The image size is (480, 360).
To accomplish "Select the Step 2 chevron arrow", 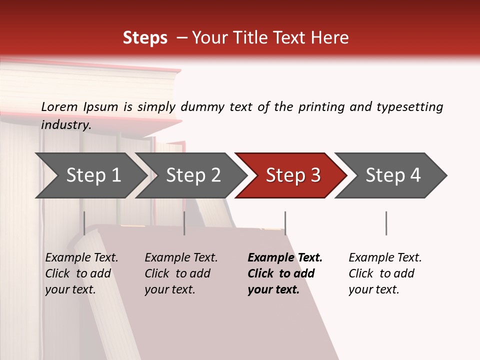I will [x=193, y=175].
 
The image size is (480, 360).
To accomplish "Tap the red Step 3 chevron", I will [x=292, y=175].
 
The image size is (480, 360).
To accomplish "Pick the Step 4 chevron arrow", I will [x=392, y=175].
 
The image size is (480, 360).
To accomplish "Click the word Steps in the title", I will [x=145, y=38].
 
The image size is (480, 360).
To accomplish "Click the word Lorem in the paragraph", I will [x=59, y=106].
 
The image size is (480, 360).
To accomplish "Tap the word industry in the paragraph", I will [x=66, y=124].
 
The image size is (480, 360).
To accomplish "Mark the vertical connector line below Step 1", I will [x=84, y=223].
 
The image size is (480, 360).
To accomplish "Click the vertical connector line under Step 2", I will [x=184, y=223].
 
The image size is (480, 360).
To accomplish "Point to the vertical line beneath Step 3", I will [x=285, y=223].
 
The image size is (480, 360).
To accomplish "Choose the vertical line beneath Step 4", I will [x=386, y=223].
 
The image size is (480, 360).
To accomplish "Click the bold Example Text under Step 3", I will [x=285, y=258].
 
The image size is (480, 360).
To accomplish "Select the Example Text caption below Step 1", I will [x=81, y=258].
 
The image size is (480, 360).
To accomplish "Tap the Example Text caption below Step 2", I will [x=181, y=258].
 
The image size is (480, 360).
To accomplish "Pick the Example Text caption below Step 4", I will [x=385, y=258].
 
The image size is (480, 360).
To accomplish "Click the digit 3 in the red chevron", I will [x=315, y=175].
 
